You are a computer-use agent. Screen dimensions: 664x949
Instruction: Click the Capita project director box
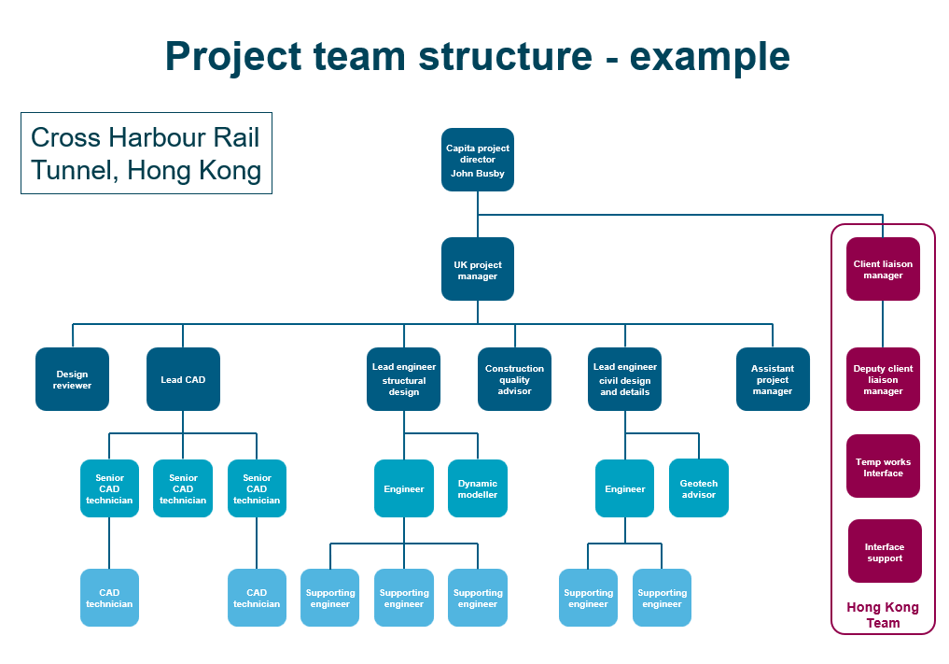477,159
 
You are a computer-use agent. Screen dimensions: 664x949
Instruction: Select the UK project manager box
477,269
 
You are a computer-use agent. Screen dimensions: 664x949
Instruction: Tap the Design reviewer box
72,379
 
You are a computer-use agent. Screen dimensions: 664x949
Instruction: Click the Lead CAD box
183,379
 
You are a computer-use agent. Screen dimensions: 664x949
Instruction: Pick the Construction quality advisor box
514,379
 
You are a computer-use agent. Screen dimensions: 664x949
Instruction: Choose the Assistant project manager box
773,379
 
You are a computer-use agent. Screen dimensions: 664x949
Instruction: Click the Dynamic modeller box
478,488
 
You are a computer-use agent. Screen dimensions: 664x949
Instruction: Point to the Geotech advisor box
698,488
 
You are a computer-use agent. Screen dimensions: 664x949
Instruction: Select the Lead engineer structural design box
404,379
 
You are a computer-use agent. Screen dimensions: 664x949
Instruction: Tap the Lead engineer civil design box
624,379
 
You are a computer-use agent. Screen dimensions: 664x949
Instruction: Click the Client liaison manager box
883,269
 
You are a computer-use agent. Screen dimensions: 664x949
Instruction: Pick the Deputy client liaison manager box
883,379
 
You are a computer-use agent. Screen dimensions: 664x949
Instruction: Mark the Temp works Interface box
883,466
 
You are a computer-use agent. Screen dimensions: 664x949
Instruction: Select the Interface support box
884,551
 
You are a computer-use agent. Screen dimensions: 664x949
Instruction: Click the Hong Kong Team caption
883,615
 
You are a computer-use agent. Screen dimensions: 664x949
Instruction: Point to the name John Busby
477,174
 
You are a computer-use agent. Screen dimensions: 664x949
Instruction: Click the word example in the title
709,56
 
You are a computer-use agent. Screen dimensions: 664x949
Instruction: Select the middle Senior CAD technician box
183,488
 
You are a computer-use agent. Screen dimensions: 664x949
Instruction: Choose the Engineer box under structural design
404,488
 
